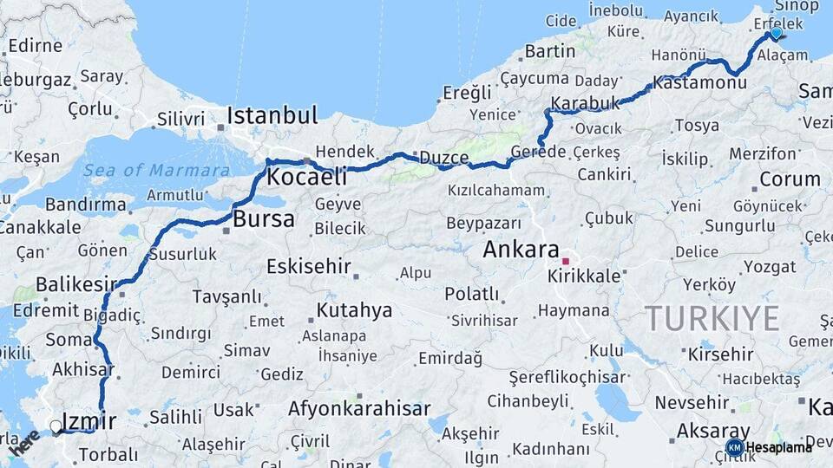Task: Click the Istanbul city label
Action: [272, 116]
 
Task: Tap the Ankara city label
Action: [521, 250]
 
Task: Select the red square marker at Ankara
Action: [566, 261]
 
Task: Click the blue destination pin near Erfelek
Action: [776, 34]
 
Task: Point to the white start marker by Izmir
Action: [56, 426]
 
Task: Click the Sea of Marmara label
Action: [157, 169]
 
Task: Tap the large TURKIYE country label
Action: [712, 318]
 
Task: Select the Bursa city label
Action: [264, 219]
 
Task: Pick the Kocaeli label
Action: [306, 178]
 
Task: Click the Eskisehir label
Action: [308, 266]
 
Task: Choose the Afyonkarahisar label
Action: [359, 408]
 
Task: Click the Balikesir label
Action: [75, 284]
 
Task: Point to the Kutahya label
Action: [354, 309]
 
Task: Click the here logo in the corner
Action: [23, 444]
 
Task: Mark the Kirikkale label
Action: [584, 276]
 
